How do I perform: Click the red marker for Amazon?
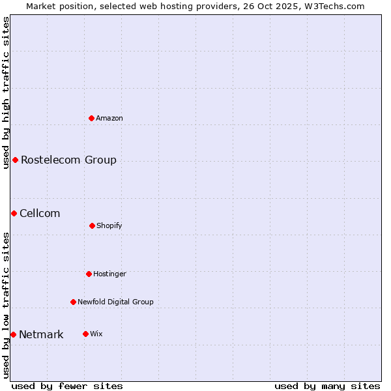click(x=92, y=118)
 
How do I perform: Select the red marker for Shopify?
click(x=92, y=225)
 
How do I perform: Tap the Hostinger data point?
click(x=89, y=274)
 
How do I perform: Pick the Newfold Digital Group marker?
click(x=73, y=302)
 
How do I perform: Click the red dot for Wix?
click(x=85, y=334)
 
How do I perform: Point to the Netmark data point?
click(x=13, y=334)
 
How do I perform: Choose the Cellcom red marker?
click(x=14, y=213)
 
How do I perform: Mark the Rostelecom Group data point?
click(x=15, y=160)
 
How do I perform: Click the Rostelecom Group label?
click(x=68, y=160)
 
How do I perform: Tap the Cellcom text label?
click(x=40, y=213)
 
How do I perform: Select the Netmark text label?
click(x=41, y=335)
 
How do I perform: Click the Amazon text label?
click(x=109, y=118)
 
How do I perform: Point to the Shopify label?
click(x=109, y=225)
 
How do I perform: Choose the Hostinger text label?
click(x=109, y=274)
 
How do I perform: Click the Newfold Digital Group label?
click(x=115, y=302)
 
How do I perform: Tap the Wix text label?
click(x=96, y=334)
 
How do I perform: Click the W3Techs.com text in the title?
click(x=332, y=6)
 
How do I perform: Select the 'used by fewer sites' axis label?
click(x=67, y=386)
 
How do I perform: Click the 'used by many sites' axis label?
click(x=327, y=386)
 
